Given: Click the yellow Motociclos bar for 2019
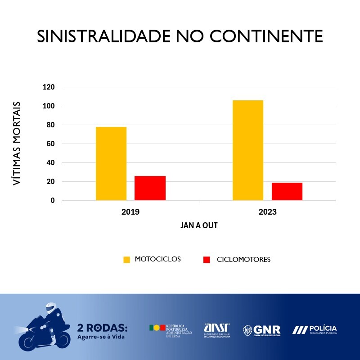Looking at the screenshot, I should tap(111, 163).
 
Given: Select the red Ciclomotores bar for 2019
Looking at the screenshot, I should tap(150, 188).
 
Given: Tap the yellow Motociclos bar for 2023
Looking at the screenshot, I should tap(248, 150).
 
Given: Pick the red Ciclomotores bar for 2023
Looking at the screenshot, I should tap(287, 191).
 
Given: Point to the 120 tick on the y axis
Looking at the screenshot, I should tap(49, 87).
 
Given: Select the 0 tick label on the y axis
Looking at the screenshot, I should tap(53, 201).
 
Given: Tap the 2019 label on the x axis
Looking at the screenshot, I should tap(130, 211).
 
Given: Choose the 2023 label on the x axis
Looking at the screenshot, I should tap(267, 211).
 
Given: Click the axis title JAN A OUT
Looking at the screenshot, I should tap(199, 225).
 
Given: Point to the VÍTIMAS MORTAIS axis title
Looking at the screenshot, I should tap(17, 144).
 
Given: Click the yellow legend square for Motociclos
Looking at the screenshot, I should tap(126, 260).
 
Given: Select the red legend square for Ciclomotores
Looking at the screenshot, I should tap(207, 260).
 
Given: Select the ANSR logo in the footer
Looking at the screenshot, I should tap(217, 329).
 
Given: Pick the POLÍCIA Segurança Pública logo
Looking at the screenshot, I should tap(315, 330).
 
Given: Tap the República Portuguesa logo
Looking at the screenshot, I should tap(171, 330).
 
